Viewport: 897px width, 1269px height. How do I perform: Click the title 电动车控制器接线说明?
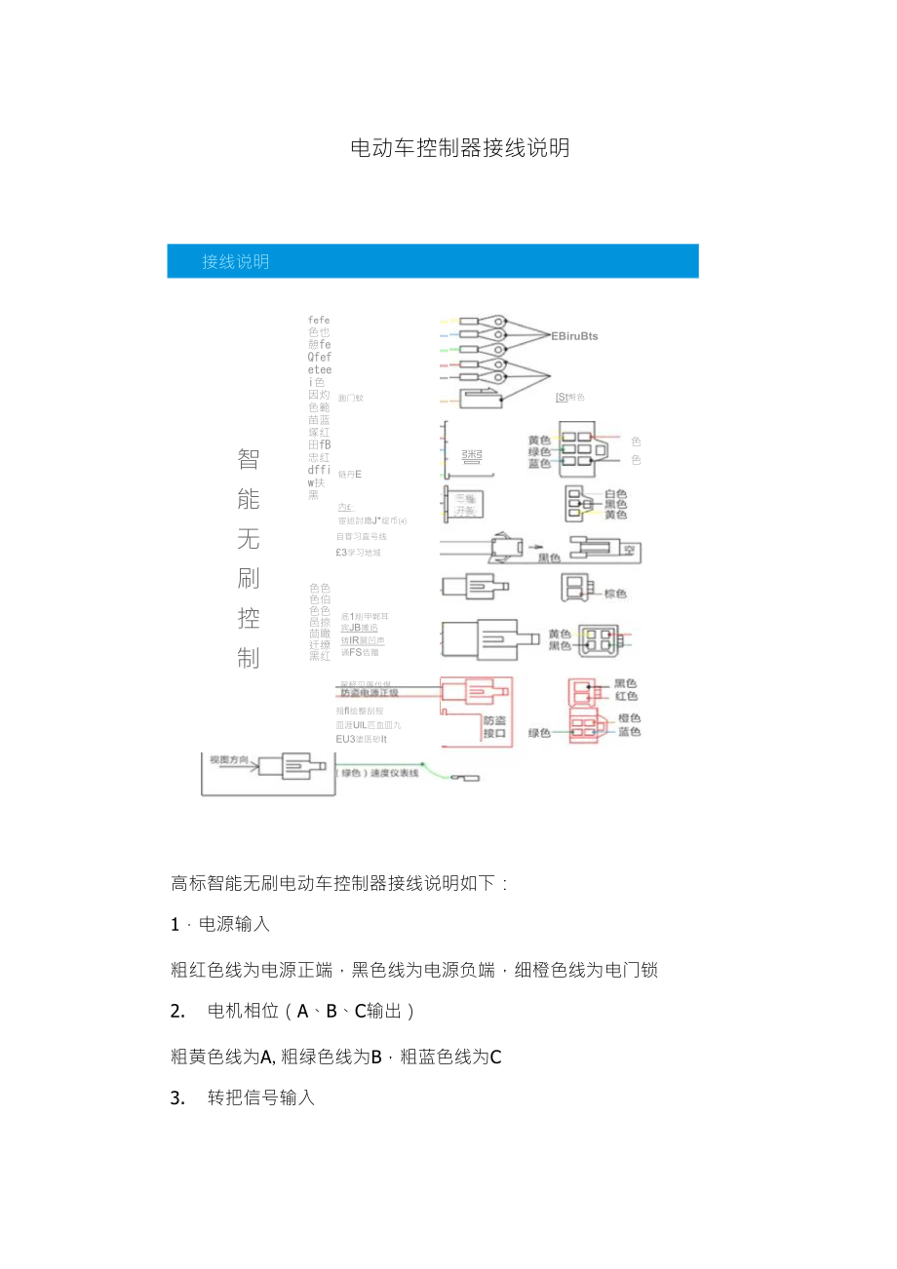coord(459,148)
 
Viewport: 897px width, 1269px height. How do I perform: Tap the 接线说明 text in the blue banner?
coord(236,261)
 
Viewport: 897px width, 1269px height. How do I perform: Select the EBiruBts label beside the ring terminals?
coord(574,336)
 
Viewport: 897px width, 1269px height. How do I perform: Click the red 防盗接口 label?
coord(496,725)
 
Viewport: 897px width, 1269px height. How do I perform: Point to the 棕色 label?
coord(614,594)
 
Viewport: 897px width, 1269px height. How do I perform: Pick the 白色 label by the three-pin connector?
coord(615,494)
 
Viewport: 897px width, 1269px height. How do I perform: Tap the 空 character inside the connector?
coord(630,550)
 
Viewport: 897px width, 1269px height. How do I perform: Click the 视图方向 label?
coord(230,758)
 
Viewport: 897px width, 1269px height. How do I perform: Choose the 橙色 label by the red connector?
coord(629,718)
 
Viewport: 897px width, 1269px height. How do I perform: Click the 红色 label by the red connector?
coord(626,696)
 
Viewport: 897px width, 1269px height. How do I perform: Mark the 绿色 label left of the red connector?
coord(540,732)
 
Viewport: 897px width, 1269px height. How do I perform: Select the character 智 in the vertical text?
coord(249,458)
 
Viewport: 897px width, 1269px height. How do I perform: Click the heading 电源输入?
coord(234,924)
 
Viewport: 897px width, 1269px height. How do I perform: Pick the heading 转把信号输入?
coord(261,1097)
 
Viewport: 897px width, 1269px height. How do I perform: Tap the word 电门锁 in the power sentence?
coord(632,970)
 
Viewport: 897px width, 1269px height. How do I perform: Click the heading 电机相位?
coord(244,1011)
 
